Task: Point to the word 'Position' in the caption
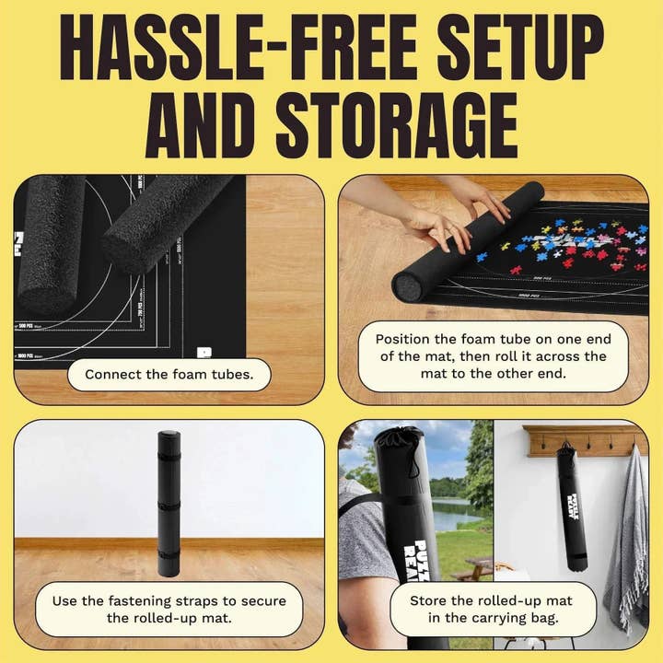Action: point(401,339)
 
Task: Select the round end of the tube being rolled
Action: point(409,286)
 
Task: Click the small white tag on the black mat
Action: point(204,352)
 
